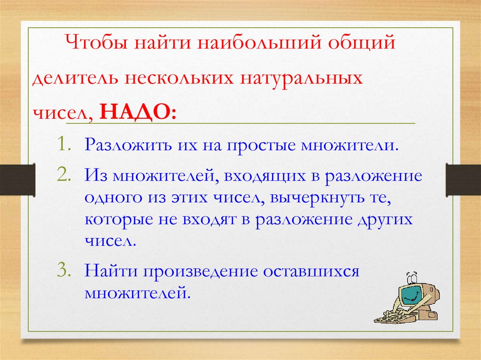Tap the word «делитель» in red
75,78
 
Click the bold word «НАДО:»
138,112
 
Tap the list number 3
64,270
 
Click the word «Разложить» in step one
128,145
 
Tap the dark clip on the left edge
17,179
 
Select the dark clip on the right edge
463,180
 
